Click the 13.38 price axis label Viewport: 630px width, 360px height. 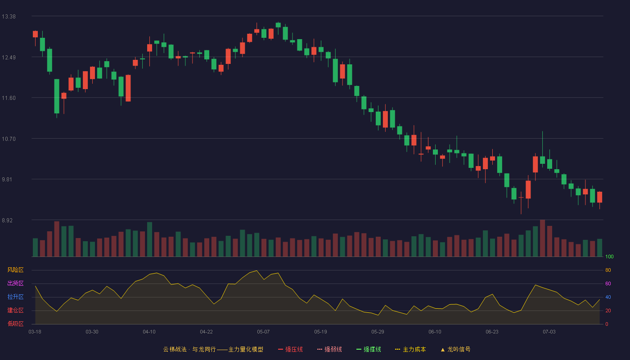(9, 17)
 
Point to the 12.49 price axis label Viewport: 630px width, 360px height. (9, 58)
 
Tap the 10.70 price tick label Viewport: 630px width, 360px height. (9, 139)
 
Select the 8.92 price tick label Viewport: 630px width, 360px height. (7, 220)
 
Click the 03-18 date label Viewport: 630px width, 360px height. (35, 332)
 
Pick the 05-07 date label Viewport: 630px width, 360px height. (263, 332)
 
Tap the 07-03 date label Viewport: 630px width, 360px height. (549, 332)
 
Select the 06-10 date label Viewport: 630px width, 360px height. (435, 332)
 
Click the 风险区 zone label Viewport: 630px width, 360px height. (15, 270)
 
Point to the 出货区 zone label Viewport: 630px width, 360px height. (15, 283)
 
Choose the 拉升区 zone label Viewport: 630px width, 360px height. (15, 297)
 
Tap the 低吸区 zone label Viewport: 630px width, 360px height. (15, 324)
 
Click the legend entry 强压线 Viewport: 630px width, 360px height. (290, 349)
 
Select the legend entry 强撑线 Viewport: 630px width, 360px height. (369, 349)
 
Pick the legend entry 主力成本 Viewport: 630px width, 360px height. (410, 349)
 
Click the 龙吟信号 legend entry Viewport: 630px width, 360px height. (455, 349)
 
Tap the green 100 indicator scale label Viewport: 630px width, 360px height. (609, 256)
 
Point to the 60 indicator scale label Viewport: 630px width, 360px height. (608, 283)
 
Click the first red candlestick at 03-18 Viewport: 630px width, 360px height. (35, 34)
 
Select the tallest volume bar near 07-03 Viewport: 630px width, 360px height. (543, 238)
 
